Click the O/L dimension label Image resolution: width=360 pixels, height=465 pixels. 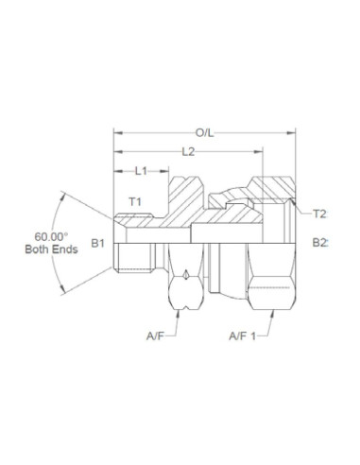point(203,133)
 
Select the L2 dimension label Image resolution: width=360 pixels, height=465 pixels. point(188,151)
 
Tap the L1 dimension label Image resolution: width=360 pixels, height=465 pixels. point(140,171)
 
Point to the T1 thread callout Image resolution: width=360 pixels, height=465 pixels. point(134,202)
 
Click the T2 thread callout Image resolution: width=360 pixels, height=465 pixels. point(319,213)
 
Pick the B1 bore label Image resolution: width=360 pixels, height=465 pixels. point(97,243)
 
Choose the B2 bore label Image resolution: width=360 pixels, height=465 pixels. point(320,243)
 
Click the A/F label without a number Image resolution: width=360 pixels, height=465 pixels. point(158,336)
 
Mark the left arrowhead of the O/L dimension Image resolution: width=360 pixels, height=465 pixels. point(116,133)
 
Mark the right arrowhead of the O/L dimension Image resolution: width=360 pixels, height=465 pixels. point(293,133)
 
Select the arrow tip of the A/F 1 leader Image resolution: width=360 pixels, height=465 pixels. point(268,311)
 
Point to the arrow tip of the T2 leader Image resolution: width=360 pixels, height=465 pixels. point(294,200)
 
